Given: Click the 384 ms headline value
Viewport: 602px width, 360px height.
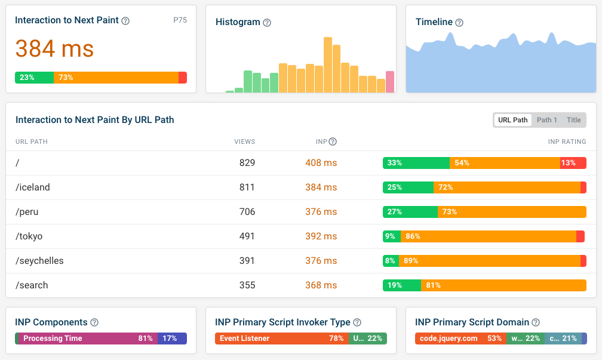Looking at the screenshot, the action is (54, 49).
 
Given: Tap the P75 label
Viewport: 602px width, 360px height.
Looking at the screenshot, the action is (180, 20).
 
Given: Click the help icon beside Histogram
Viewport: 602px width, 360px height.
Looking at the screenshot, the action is (267, 23).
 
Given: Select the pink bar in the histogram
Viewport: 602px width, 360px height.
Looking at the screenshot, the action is (390, 82).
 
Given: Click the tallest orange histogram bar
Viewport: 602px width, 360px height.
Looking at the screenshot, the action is (327, 65).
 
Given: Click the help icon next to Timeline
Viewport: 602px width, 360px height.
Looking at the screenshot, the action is (459, 23).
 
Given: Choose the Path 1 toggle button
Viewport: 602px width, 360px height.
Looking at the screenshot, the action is (546, 120).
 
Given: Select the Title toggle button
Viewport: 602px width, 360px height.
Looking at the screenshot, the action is (573, 120).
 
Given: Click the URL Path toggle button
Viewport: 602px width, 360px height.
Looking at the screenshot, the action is (512, 120).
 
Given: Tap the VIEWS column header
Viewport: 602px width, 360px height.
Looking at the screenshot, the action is (245, 141).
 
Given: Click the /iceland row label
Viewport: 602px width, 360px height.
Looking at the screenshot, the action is (33, 187).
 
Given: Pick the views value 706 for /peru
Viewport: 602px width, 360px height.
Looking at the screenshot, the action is (247, 212).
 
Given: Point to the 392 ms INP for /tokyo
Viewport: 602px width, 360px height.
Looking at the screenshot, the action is (321, 236).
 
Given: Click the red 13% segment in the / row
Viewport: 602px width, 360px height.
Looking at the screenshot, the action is (573, 163).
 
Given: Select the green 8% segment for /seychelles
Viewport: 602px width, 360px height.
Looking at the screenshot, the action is (391, 261).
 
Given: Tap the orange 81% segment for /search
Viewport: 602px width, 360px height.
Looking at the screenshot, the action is (503, 285).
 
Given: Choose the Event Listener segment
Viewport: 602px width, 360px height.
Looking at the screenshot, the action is (282, 339).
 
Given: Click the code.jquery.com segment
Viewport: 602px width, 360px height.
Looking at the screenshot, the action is (460, 339).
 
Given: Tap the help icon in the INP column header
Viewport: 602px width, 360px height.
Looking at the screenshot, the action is (333, 141).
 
